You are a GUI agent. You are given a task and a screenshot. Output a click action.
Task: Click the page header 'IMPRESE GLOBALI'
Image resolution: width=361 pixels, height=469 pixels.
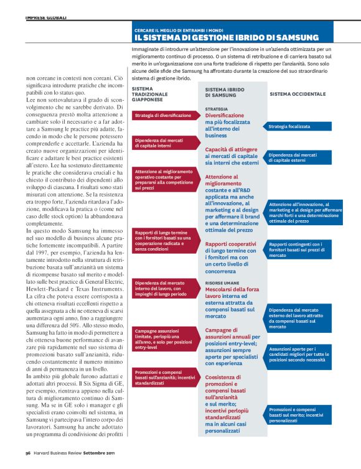[x=45, y=17]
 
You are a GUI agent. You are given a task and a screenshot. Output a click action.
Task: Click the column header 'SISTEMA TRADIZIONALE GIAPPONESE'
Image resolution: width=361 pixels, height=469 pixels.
[x=152, y=94]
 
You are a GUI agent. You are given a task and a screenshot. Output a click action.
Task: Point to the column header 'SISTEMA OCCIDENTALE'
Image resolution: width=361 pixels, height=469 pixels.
[x=298, y=94]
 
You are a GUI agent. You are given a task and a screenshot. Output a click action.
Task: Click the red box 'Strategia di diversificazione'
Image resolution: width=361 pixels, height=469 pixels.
[x=164, y=116]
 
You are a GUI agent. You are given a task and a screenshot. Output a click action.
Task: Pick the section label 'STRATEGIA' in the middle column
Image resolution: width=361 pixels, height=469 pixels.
[x=216, y=109]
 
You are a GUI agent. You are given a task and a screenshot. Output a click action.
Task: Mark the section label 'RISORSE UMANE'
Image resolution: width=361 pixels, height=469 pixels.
[x=222, y=282]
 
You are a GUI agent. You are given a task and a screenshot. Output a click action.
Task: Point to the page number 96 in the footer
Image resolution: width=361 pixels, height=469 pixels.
[x=29, y=462]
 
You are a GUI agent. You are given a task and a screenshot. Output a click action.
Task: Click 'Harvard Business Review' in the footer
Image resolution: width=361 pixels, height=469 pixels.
[x=58, y=462]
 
